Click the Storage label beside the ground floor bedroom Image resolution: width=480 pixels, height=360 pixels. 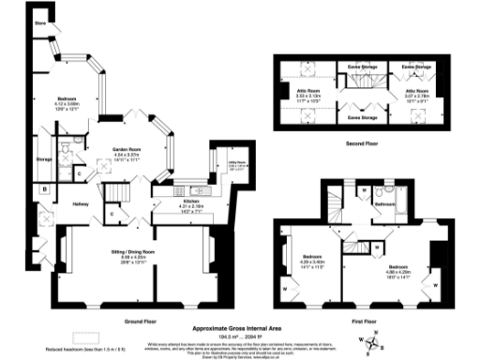(x=44, y=159)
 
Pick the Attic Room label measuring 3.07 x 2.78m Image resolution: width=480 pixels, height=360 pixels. (x=418, y=92)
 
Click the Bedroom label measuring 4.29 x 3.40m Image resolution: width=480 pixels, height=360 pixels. (x=311, y=261)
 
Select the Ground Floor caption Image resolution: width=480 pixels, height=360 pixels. (x=139, y=319)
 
